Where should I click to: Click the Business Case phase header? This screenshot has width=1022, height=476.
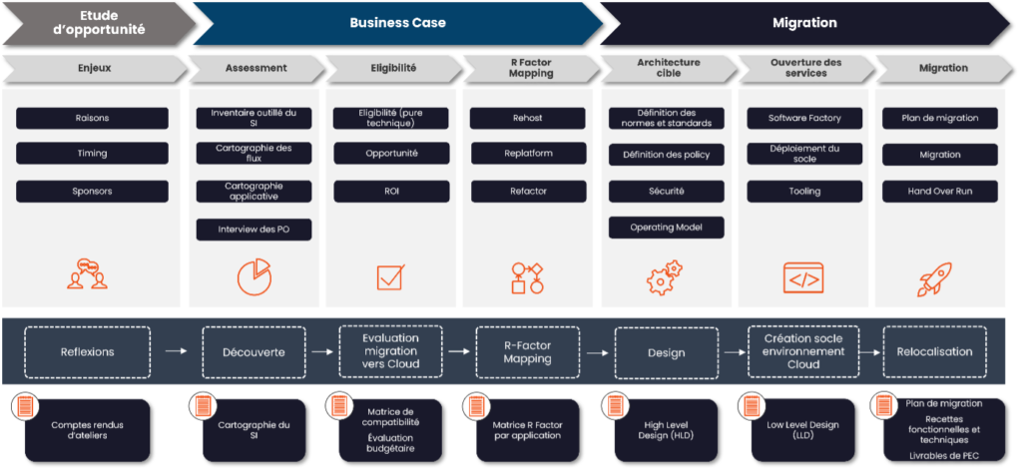[397, 22]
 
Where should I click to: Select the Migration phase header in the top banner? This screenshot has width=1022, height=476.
[804, 22]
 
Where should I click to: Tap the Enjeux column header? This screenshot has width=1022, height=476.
[94, 68]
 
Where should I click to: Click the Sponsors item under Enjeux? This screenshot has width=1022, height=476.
[92, 191]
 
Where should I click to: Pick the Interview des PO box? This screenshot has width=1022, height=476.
[254, 230]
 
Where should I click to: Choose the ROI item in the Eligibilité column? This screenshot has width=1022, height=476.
[390, 191]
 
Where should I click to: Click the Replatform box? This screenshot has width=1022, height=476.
[528, 155]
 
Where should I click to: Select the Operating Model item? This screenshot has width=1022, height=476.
[666, 228]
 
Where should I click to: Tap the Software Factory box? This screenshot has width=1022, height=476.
[804, 118]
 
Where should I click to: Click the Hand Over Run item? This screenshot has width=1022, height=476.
[939, 191]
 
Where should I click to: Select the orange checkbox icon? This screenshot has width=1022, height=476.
[390, 277]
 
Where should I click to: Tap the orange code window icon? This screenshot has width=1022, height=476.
[803, 277]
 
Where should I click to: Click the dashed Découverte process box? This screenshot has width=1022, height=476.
[253, 351]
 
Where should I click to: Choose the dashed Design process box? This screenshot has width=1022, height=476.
[666, 351]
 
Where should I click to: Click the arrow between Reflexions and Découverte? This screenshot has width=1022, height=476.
[176, 351]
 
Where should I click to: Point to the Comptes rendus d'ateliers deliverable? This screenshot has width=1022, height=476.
[92, 430]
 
